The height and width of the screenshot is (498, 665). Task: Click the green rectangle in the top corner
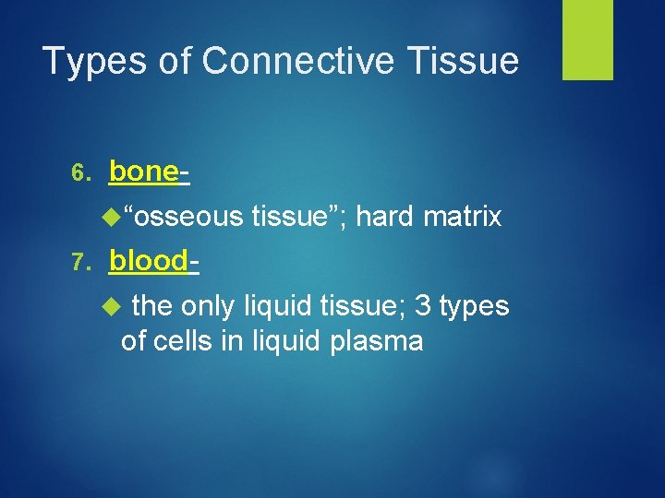tap(588, 40)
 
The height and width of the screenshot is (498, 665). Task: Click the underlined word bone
tap(143, 172)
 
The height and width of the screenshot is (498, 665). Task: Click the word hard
tap(386, 218)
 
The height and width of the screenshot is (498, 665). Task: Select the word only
tap(210, 306)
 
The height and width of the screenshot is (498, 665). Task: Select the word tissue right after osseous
tap(296, 218)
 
